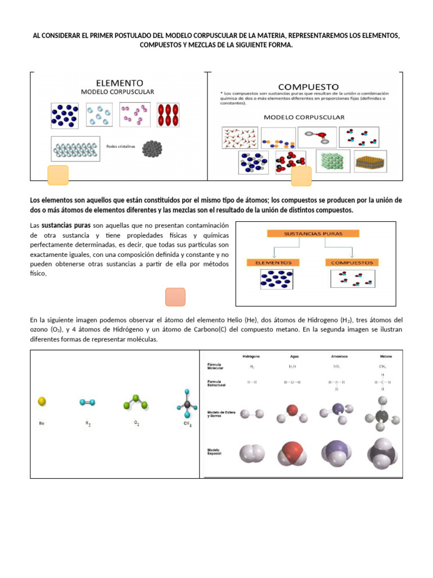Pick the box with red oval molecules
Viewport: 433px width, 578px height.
[167, 115]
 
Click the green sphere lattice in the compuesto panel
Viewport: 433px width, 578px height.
[333, 161]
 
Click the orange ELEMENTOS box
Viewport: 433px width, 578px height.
[273, 262]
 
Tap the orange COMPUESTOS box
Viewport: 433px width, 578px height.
[352, 262]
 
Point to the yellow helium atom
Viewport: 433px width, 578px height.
[42, 401]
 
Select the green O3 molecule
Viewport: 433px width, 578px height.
[135, 401]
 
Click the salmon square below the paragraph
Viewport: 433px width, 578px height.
[175, 297]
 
